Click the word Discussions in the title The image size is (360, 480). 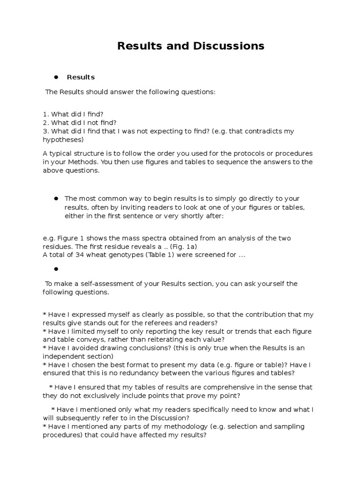point(228,46)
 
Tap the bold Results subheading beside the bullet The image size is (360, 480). point(81,77)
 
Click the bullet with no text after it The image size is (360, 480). point(55,269)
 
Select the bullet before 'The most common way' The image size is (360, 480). point(55,198)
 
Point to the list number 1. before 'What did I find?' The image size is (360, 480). point(45,114)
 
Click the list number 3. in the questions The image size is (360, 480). point(45,131)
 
